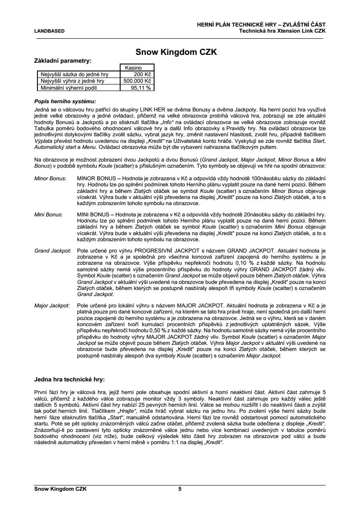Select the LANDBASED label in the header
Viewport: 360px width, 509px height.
[50, 31]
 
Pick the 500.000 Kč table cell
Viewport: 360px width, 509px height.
[137, 81]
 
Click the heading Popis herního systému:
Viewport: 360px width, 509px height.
[64, 101]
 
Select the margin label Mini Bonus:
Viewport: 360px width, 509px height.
[48, 215]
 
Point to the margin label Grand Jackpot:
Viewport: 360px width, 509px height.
[53, 251]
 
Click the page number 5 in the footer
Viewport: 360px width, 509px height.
[180, 489]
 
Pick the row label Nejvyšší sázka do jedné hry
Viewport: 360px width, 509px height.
[74, 74]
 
